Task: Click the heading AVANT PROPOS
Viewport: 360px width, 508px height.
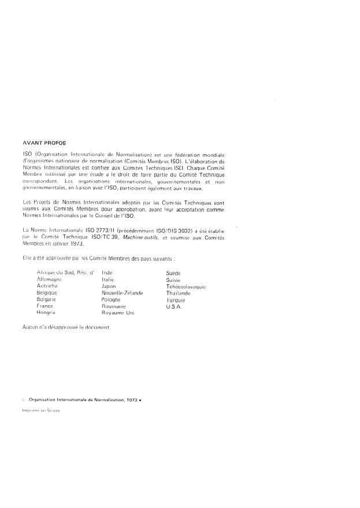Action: tap(44, 141)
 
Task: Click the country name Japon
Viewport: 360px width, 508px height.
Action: tap(109, 286)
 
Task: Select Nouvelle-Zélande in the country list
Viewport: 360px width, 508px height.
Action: tap(122, 293)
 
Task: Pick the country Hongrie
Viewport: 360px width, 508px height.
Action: tap(46, 313)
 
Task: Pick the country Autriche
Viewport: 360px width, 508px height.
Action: tap(47, 286)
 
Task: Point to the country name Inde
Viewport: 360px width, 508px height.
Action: tap(106, 272)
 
